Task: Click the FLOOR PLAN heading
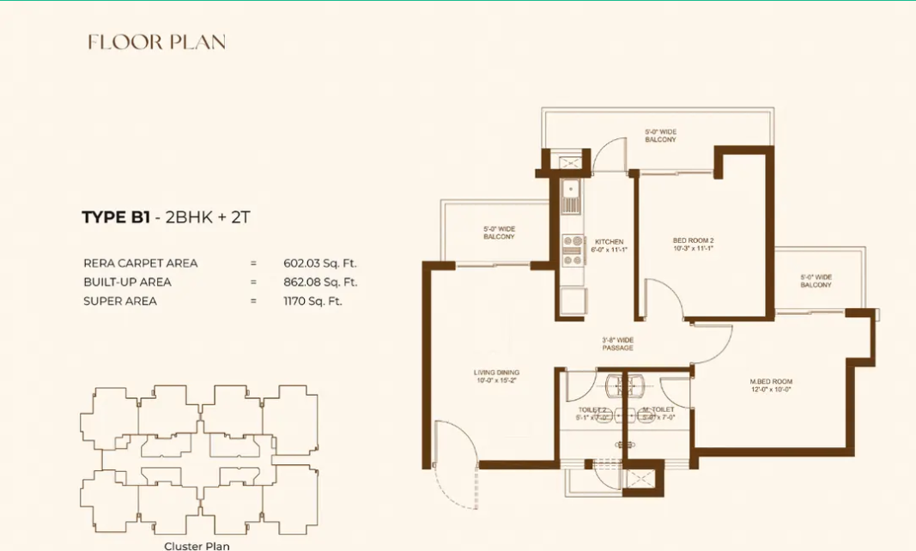[156, 42]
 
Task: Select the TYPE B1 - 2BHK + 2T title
[166, 217]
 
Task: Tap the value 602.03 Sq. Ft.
[320, 263]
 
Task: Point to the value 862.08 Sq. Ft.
[320, 282]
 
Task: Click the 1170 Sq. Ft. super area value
[312, 301]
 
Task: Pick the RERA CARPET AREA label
[140, 263]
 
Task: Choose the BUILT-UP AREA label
[127, 282]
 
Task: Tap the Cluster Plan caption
[197, 545]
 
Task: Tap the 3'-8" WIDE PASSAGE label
[617, 343]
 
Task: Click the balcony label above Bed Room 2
[660, 136]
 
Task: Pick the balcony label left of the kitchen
[499, 232]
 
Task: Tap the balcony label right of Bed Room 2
[816, 281]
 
